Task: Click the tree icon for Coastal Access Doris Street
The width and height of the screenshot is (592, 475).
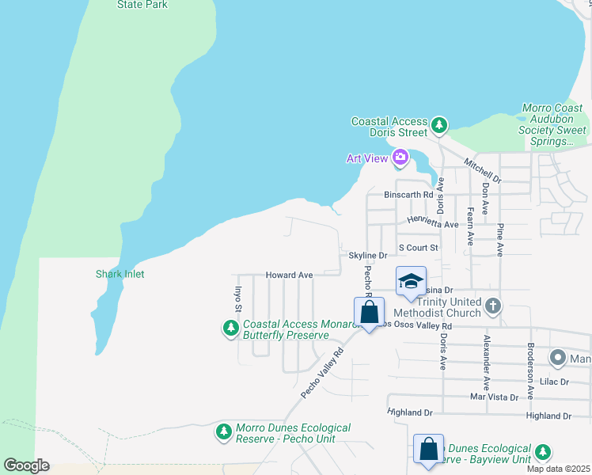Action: click(x=438, y=125)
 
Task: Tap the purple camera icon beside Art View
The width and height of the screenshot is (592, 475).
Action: click(x=400, y=158)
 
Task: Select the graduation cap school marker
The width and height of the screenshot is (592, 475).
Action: click(x=411, y=282)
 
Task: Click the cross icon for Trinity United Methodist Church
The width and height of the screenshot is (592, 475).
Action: click(x=492, y=306)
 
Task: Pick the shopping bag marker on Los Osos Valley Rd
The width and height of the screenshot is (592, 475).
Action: click(x=369, y=313)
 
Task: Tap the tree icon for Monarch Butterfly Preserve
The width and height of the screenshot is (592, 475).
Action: click(x=231, y=328)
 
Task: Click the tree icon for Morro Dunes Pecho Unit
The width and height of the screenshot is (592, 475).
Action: click(x=224, y=432)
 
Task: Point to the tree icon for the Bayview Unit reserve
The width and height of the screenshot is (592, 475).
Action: click(x=542, y=452)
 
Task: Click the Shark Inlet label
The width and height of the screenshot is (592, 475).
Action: click(x=120, y=274)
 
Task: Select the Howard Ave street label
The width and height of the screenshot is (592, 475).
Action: click(x=289, y=275)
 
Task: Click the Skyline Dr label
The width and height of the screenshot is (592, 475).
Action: click(x=368, y=256)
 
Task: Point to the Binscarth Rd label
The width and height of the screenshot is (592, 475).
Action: click(x=408, y=195)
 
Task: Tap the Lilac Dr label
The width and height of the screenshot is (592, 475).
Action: click(x=554, y=382)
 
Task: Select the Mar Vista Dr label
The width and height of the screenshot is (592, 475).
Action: click(x=494, y=397)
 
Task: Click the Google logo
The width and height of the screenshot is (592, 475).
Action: click(x=26, y=465)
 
